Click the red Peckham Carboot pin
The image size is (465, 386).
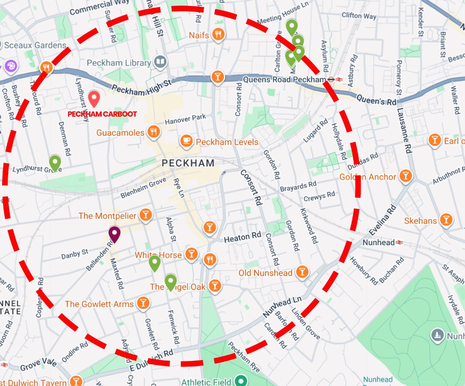pyautogui.click(x=94, y=98)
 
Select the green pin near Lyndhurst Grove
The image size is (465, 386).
pyautogui.click(x=55, y=163)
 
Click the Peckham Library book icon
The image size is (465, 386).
pyautogui.click(x=161, y=62)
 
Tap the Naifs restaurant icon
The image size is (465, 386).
pyautogui.click(x=219, y=34)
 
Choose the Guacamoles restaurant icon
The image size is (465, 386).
pyautogui.click(x=153, y=132)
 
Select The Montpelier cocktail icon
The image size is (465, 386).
pyautogui.click(x=146, y=215)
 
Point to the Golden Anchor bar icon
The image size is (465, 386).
pyautogui.click(x=405, y=176)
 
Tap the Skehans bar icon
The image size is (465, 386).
pyautogui.click(x=446, y=220)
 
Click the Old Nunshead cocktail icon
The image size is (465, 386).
pyautogui.click(x=302, y=272)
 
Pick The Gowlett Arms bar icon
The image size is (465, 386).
pyautogui.click(x=143, y=303)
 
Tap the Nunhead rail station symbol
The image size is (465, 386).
pyautogui.click(x=400, y=242)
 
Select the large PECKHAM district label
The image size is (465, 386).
pyautogui.click(x=188, y=163)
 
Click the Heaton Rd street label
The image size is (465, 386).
pyautogui.click(x=242, y=237)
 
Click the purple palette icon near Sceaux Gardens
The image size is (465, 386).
pyautogui.click(x=9, y=66)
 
